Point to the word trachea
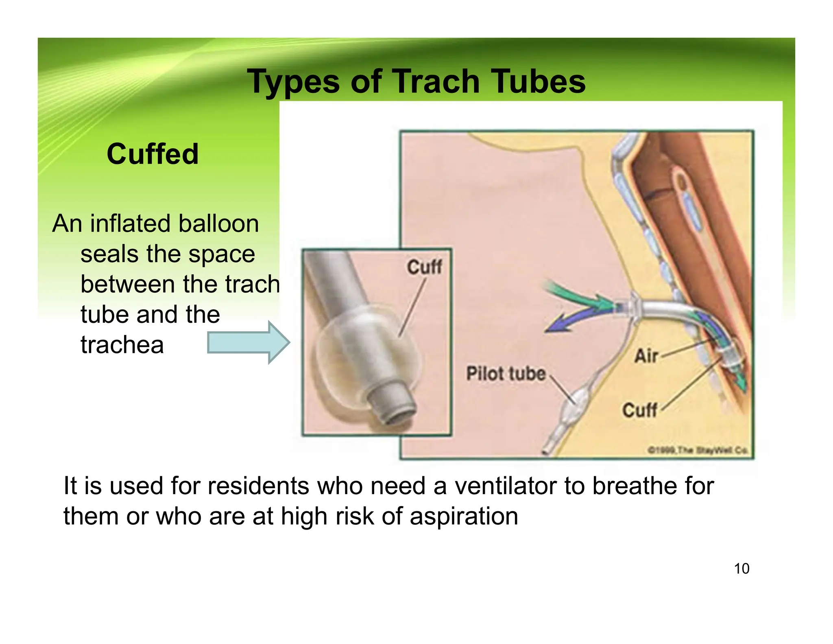(122, 345)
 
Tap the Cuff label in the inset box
(424, 267)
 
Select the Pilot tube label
(506, 374)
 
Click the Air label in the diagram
(646, 356)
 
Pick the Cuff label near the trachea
(639, 410)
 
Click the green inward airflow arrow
(578, 297)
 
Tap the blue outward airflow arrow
(569, 322)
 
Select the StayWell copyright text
(698, 450)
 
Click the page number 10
(741, 569)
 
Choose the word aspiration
(464, 516)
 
